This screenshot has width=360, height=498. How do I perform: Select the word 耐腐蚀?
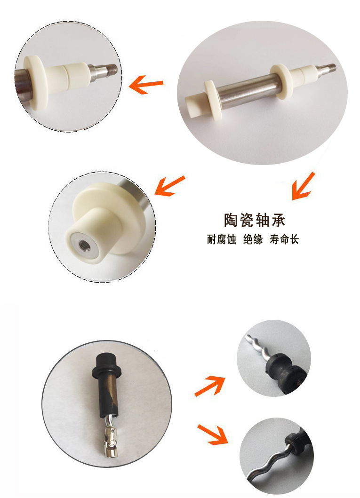[x=221, y=240]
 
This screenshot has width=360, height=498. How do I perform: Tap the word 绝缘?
[x=253, y=240]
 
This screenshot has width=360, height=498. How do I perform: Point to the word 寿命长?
[x=284, y=240]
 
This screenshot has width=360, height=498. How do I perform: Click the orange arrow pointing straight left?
[x=146, y=86]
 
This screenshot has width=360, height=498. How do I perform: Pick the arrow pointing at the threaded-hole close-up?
[x=170, y=185]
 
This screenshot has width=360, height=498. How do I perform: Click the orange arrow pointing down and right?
[x=212, y=434]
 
